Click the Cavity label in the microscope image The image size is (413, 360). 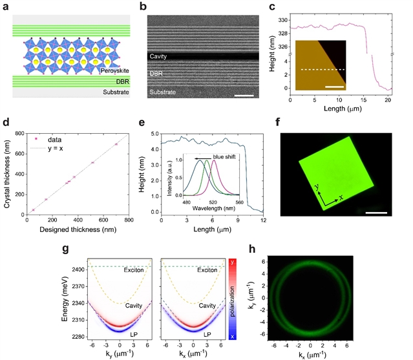pos(161,56)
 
